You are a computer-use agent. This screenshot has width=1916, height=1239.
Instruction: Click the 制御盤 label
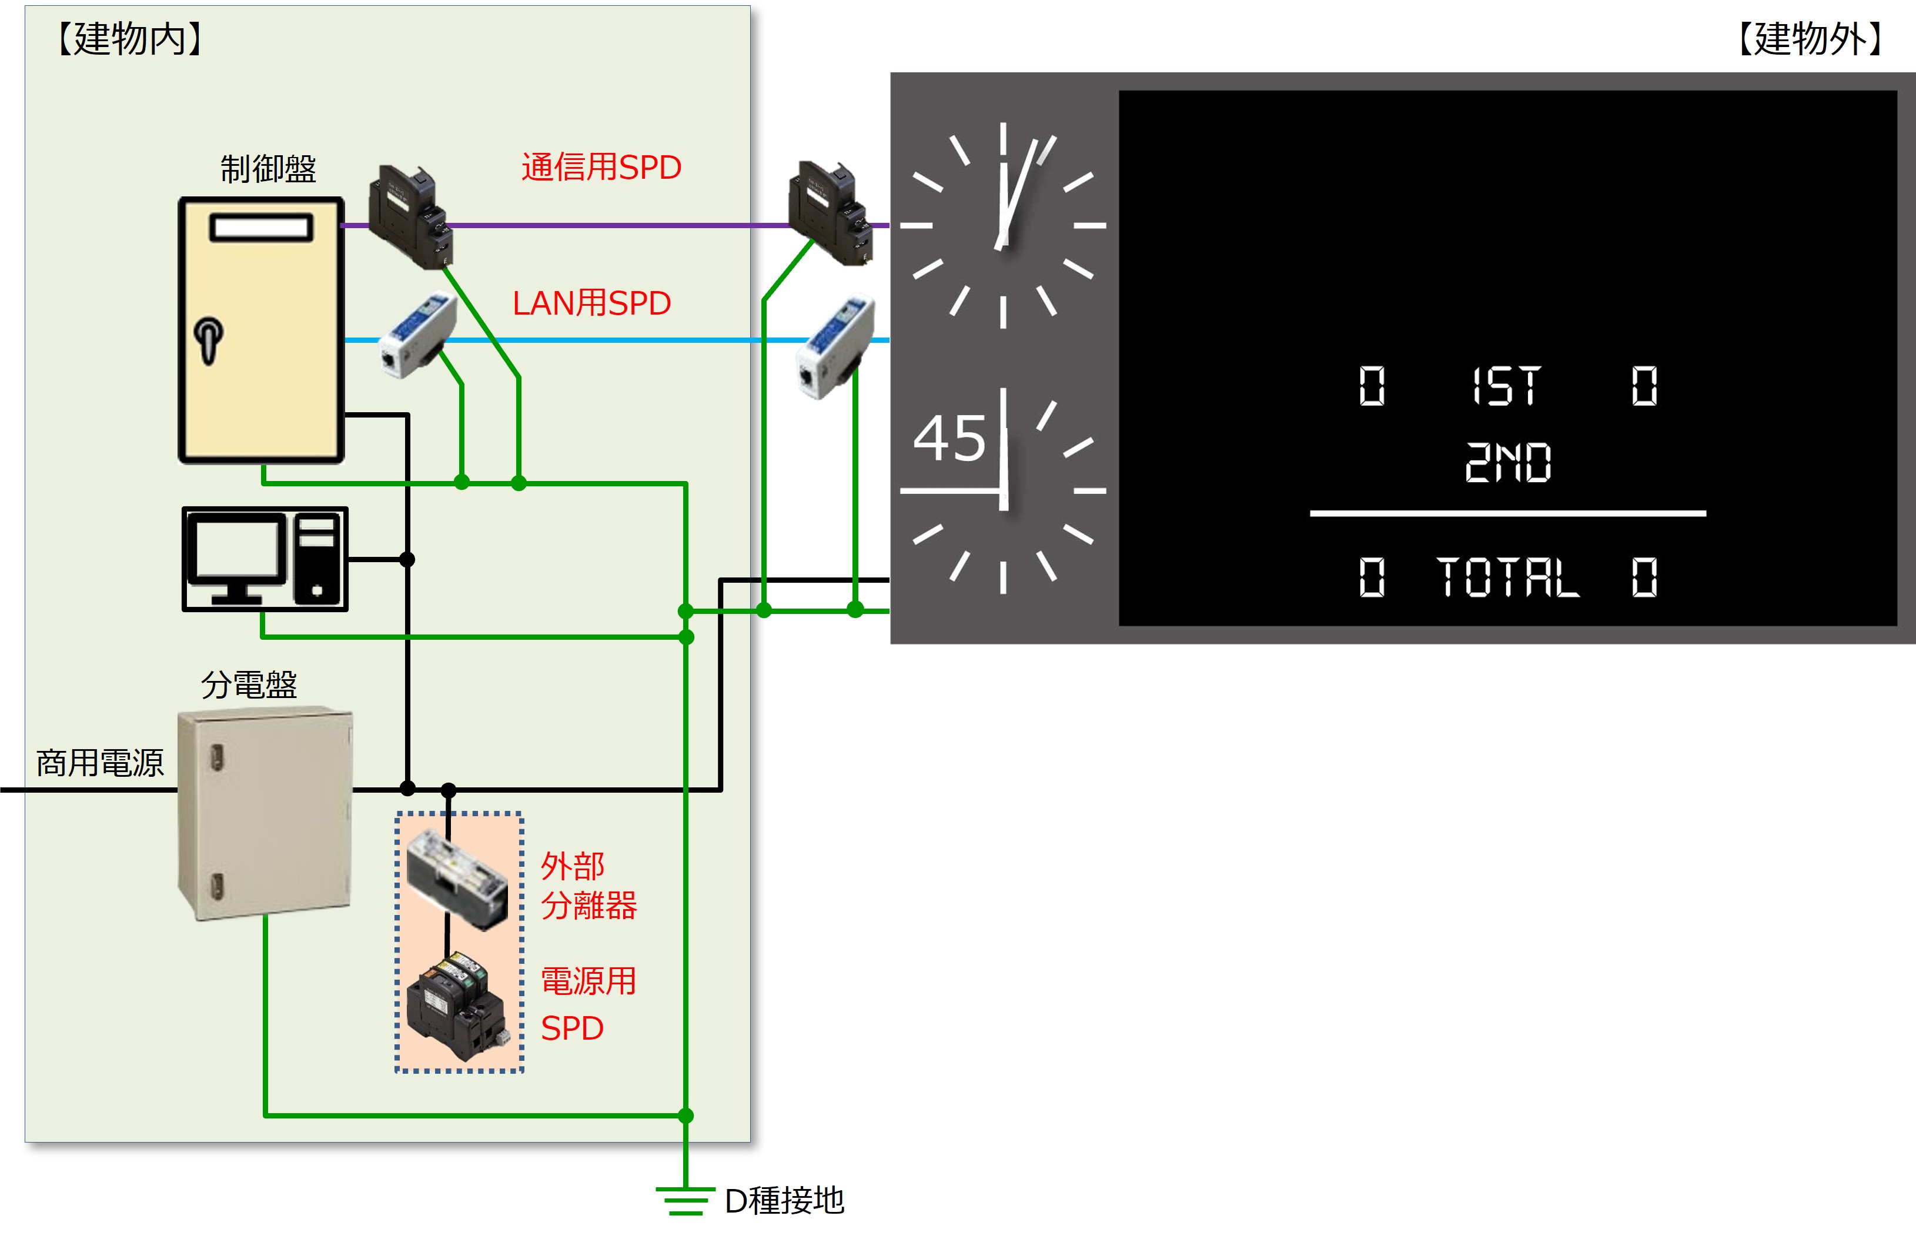coord(269,169)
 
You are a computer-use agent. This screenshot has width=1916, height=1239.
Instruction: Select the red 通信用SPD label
coord(601,168)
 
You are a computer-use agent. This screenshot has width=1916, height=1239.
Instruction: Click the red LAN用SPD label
coord(591,303)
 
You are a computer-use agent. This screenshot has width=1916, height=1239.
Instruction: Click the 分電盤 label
coord(249,684)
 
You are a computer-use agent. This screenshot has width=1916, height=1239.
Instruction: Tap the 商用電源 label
coord(100,763)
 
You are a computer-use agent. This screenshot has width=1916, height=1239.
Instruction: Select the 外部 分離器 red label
coord(588,886)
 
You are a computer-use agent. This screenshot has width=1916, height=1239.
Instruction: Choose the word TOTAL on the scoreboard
coord(1507,577)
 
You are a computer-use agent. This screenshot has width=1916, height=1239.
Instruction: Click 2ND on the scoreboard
coord(1507,463)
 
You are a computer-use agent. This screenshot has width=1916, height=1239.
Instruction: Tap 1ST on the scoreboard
coord(1506,386)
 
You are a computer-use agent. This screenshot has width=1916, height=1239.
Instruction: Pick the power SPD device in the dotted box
coord(457,1006)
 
